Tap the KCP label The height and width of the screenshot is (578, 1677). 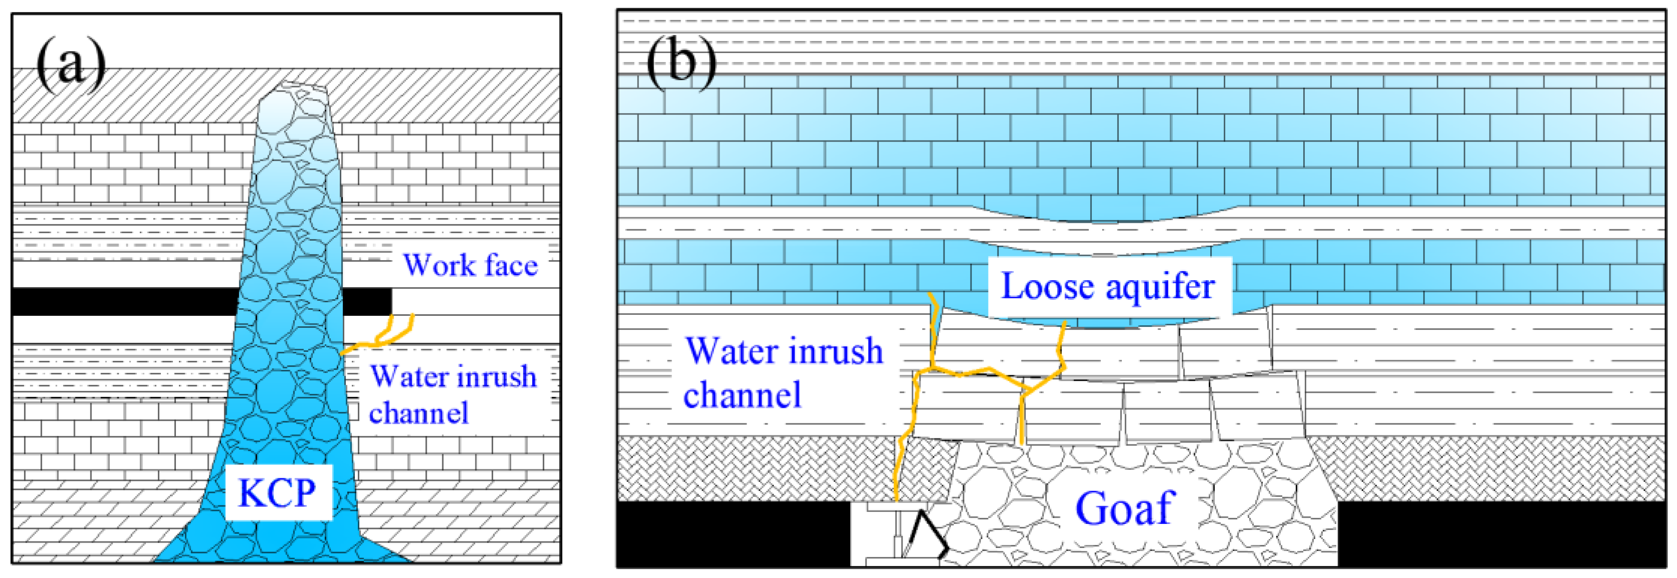[x=277, y=492]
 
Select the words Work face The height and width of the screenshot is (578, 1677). [x=470, y=265]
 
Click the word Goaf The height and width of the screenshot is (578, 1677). [x=1124, y=509]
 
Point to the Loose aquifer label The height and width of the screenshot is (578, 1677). [x=1107, y=286]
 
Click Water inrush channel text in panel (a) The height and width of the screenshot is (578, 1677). [x=452, y=394]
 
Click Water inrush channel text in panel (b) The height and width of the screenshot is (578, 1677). [x=783, y=373]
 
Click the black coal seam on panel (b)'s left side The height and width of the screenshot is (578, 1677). [x=733, y=533]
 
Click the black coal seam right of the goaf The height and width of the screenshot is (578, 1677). [x=1504, y=533]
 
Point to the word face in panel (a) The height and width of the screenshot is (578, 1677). [x=511, y=265]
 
